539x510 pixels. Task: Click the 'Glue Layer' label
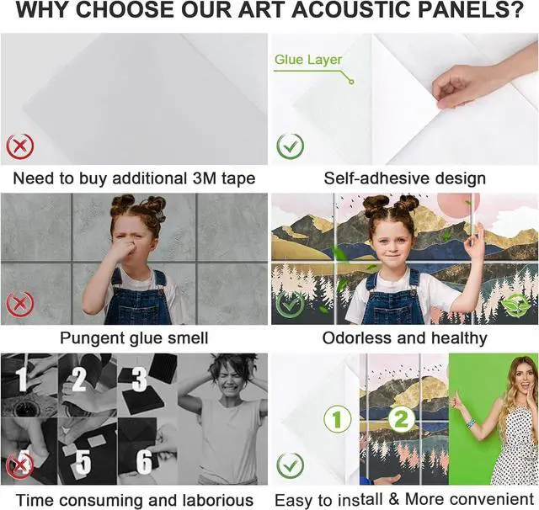[x=308, y=60]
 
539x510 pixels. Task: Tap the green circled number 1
[x=337, y=418]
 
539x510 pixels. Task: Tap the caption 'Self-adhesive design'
[x=404, y=178]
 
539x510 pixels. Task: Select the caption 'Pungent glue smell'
[x=134, y=338]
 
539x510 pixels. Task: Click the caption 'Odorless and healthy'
[x=404, y=338]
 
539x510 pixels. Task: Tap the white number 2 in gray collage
[x=79, y=380]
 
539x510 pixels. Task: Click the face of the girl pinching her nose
[x=132, y=239]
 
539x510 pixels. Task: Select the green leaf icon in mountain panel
[x=515, y=305]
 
